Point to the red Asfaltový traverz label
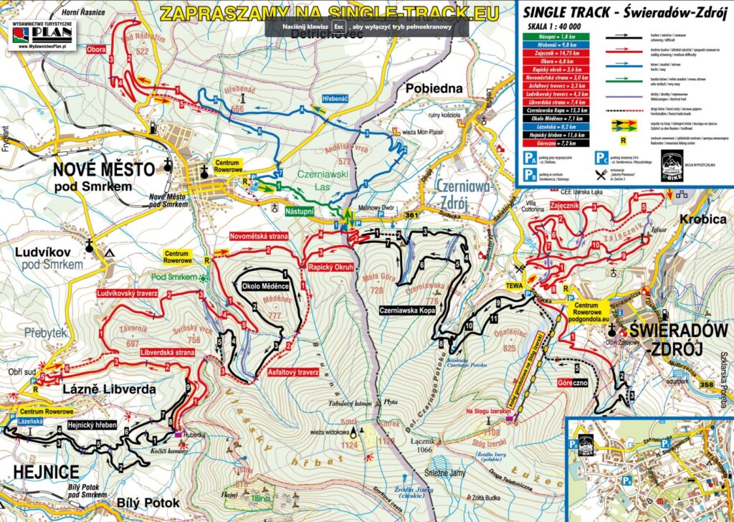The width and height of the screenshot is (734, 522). tap(293, 372)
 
